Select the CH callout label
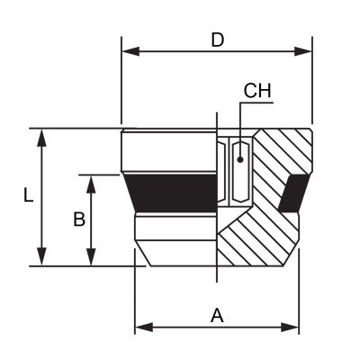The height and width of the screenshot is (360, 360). point(257,91)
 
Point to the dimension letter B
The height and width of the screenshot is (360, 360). point(78,219)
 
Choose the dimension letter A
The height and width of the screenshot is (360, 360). point(216,315)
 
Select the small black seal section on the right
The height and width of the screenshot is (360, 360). point(292,193)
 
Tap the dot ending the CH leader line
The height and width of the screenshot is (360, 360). point(240,158)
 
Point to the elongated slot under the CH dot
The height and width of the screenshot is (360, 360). point(240,175)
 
